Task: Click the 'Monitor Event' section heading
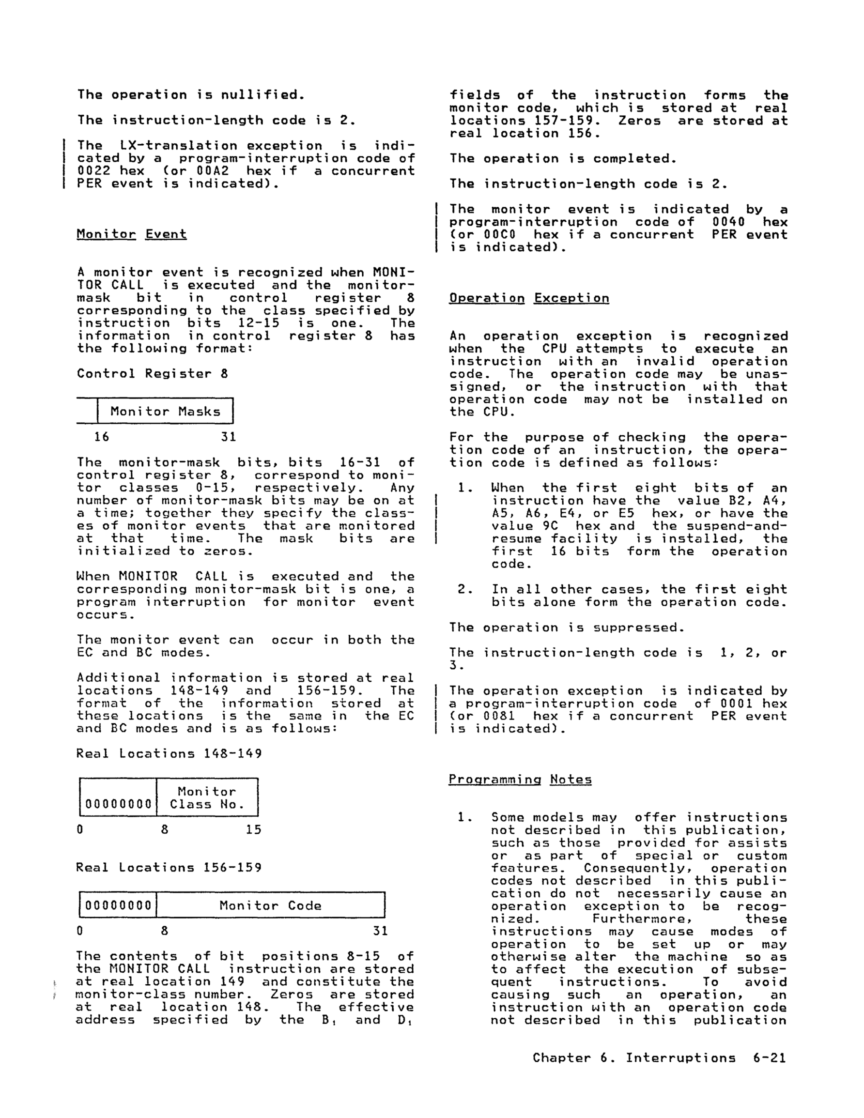point(132,234)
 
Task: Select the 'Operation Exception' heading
point(528,298)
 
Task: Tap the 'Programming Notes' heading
point(520,780)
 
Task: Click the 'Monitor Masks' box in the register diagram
point(165,411)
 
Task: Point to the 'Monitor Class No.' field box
point(207,798)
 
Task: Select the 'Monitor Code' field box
point(270,905)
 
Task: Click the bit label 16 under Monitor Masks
point(101,437)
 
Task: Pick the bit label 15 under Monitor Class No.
point(253,830)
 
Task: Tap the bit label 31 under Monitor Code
point(380,931)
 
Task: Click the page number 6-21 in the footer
point(769,1058)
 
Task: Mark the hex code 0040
point(728,222)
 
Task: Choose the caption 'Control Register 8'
point(152,373)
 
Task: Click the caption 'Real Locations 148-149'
point(169,753)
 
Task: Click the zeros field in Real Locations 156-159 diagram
point(118,905)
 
